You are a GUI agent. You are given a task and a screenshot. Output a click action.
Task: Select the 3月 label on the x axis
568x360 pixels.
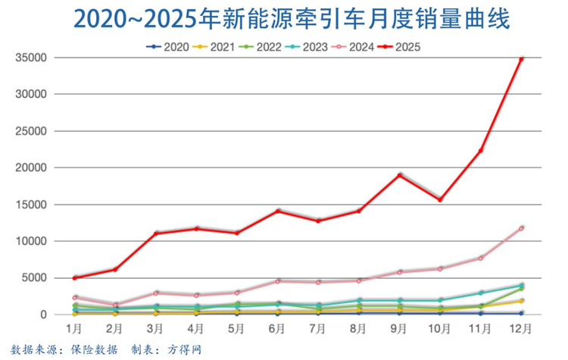click(154, 329)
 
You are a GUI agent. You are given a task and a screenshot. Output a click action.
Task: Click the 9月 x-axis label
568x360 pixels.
click(399, 329)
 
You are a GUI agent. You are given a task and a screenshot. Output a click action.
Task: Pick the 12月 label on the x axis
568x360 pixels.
click(521, 329)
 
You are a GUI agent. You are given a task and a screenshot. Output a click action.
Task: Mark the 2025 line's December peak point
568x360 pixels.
click(521, 58)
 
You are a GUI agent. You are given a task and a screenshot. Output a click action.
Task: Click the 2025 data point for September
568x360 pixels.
click(399, 175)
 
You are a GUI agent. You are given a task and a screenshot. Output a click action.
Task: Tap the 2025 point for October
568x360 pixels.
click(440, 199)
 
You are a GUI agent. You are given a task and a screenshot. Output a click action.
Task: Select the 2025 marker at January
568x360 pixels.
click(74, 278)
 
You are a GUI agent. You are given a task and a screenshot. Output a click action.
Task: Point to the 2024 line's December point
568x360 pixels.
click(521, 227)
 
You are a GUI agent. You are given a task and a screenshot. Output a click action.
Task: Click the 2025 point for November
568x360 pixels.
click(481, 151)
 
